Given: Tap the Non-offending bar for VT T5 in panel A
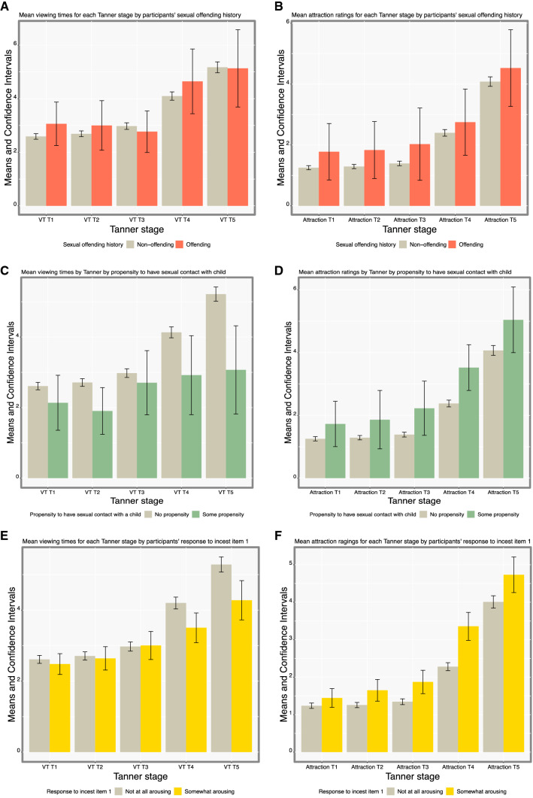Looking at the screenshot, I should pos(217,136).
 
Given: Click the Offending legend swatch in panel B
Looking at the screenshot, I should pos(447,244).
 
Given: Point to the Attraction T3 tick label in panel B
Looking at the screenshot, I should pos(410,220).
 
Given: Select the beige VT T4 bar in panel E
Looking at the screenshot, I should pos(175,677).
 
